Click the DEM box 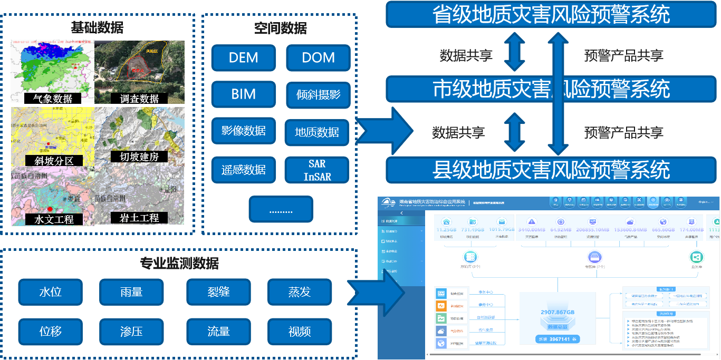coord(244,58)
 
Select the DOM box coord(318,58)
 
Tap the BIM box coord(244,95)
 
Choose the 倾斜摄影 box coord(318,95)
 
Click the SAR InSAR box coord(317,170)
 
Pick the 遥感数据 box coord(244,170)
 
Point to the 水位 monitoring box coord(51,292)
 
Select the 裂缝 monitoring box coord(218,292)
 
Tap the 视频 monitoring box coord(300,332)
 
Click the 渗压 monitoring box coord(131,332)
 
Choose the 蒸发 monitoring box coord(300,292)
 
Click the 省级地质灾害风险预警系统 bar coord(551,14)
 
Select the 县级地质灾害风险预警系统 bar coord(551,170)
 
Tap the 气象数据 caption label coord(52,99)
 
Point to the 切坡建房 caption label coord(139,157)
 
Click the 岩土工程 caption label coord(139,218)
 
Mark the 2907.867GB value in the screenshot coord(557,313)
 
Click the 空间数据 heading coord(280,28)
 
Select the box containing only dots coord(281,209)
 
